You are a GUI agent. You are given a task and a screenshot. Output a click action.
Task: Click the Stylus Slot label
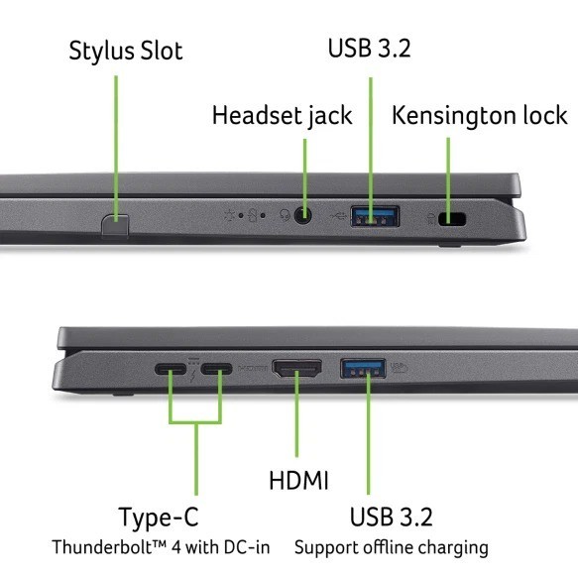click(126, 51)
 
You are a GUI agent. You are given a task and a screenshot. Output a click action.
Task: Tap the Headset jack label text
click(282, 116)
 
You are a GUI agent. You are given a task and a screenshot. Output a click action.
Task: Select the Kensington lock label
click(479, 115)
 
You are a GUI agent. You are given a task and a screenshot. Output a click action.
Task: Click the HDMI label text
click(298, 480)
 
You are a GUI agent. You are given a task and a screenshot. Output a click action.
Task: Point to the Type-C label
click(159, 518)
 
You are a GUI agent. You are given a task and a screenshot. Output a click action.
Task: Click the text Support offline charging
click(392, 548)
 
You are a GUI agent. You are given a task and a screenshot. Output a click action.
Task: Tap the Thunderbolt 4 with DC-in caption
click(161, 547)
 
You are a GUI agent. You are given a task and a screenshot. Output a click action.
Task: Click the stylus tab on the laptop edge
click(115, 226)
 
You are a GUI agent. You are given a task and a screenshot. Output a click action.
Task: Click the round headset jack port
click(302, 215)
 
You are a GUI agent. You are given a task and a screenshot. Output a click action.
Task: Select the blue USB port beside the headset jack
click(375, 216)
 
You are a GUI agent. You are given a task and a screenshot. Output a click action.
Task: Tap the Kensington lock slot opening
click(452, 219)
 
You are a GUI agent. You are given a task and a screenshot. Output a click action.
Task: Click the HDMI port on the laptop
click(296, 369)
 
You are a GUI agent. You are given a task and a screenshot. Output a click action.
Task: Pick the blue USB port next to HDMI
click(363, 368)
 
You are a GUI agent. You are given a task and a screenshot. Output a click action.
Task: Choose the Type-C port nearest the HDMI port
click(216, 369)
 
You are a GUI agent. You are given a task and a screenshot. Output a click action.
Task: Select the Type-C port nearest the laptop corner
click(171, 369)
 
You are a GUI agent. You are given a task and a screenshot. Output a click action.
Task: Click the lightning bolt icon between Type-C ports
click(192, 376)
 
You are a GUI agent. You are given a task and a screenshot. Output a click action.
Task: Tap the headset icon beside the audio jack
click(285, 215)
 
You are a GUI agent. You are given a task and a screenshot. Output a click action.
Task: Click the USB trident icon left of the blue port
click(338, 215)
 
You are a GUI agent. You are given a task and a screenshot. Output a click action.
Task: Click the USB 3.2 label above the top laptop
click(370, 49)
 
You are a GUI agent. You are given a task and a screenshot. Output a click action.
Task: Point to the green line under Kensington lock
click(448, 180)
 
